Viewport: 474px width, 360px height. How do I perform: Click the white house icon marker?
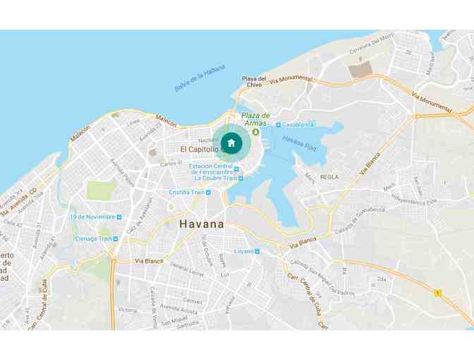(231, 143)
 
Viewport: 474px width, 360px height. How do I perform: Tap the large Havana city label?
(202, 224)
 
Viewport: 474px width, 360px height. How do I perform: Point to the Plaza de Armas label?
(255, 119)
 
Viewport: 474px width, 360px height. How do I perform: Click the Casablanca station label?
(297, 124)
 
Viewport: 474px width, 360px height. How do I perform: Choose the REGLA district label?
(329, 176)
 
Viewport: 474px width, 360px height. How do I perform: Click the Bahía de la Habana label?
(200, 78)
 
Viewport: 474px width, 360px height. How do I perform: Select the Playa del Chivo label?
(254, 81)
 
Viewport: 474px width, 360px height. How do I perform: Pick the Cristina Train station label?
(186, 192)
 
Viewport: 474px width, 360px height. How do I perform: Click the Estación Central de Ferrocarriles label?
(210, 169)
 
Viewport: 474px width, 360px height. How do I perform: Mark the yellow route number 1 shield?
(438, 292)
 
